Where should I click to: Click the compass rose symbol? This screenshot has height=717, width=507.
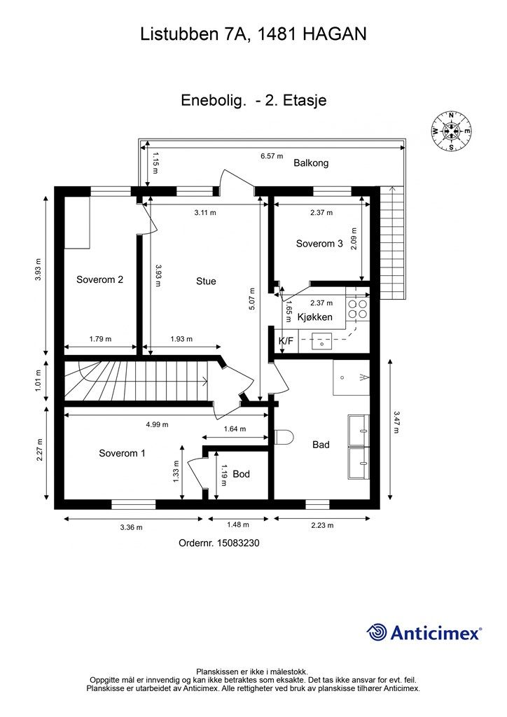(x=451, y=132)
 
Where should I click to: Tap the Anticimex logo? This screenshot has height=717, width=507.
(x=424, y=633)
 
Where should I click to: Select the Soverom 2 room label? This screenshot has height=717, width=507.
(x=99, y=279)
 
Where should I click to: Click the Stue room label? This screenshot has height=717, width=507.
(x=206, y=281)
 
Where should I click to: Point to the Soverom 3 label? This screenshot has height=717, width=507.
(x=319, y=244)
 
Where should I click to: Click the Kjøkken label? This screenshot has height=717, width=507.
(x=315, y=317)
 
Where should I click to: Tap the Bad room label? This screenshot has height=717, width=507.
(x=321, y=445)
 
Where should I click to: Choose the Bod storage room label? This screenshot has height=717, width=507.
(x=242, y=474)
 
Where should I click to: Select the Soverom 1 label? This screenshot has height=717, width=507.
(x=122, y=453)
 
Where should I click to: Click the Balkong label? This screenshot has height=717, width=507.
(x=311, y=162)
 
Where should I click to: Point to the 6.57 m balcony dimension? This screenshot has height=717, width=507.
(x=272, y=156)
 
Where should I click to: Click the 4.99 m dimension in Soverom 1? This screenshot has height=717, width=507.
(x=158, y=424)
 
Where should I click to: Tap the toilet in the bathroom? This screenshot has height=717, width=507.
(x=284, y=437)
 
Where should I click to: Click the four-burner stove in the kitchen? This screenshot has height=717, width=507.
(x=357, y=309)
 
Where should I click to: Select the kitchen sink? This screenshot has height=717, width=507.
(x=323, y=341)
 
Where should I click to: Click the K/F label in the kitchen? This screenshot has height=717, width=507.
(x=286, y=341)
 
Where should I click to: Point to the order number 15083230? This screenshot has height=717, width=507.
(x=219, y=543)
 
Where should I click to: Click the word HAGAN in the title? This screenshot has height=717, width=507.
(x=335, y=34)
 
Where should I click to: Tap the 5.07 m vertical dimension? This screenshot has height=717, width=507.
(x=252, y=298)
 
